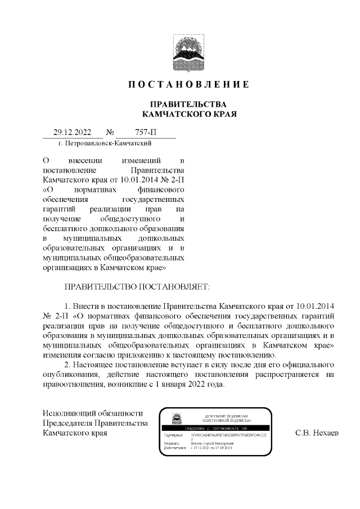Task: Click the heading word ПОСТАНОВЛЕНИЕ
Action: pyautogui.click(x=188, y=85)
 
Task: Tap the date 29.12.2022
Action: pyautogui.click(x=72, y=133)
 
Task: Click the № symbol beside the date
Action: pyautogui.click(x=110, y=133)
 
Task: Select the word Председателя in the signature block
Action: pyautogui.click(x=67, y=423)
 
